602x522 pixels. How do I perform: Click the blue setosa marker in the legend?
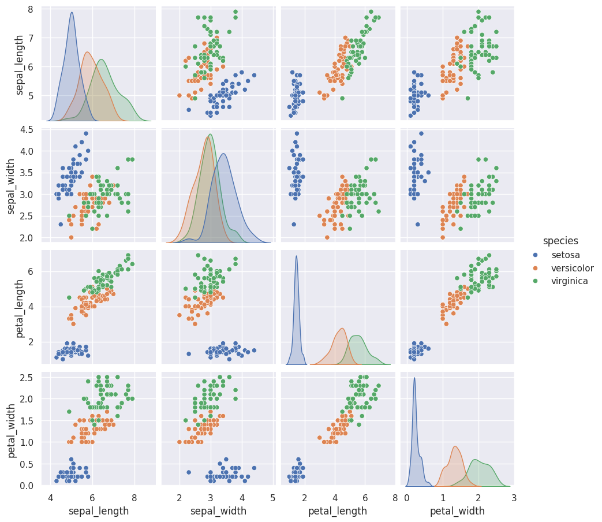pos(536,255)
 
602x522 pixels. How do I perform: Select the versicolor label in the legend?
pos(572,268)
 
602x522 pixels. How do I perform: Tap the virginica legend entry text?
pos(569,281)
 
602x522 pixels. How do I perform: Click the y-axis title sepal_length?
pos(20,64)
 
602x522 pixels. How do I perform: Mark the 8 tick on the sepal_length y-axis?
pos(29,9)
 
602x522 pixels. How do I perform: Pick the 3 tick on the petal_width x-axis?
pos(513,497)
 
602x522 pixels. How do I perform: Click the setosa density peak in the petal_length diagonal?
pos(296,256)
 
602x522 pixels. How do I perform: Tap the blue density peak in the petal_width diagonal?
pos(414,378)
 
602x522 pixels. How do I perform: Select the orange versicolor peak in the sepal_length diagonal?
pos(87,53)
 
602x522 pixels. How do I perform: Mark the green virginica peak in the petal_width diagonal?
pos(475,460)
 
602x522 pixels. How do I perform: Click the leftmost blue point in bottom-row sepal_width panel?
pos(189,472)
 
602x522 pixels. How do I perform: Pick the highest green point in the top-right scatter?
pos(478,12)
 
